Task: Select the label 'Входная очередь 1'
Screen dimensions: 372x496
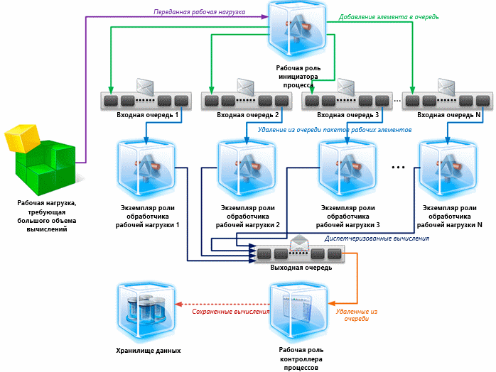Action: [147, 114]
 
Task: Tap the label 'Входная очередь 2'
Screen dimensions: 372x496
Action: [247, 114]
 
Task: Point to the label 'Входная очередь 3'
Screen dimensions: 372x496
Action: [347, 114]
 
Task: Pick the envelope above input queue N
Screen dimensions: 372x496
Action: [447, 87]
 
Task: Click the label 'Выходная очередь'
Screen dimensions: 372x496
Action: [301, 268]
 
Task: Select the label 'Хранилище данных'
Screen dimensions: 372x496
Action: [148, 351]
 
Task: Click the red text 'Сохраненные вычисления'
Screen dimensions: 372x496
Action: [231, 312]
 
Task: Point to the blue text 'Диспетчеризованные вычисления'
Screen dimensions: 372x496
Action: [377, 239]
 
